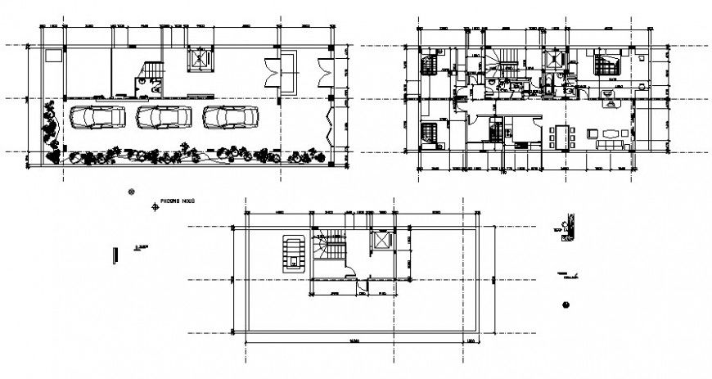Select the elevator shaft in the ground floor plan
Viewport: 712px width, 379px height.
coord(201,63)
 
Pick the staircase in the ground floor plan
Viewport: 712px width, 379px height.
coord(152,71)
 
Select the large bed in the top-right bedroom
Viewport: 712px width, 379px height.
coord(606,64)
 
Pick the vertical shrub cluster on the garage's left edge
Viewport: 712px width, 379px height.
coord(52,128)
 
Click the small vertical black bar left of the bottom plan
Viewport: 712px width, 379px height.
coord(115,255)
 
